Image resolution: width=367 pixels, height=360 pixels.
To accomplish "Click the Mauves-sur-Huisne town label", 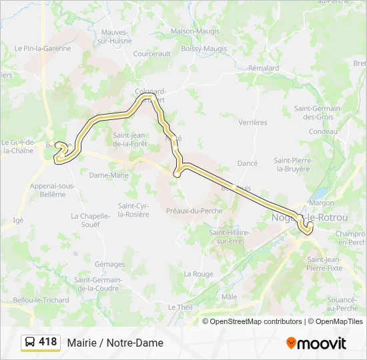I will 115,36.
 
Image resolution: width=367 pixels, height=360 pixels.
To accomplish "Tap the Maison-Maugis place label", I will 194,31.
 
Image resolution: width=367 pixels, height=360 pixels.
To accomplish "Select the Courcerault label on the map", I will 152,54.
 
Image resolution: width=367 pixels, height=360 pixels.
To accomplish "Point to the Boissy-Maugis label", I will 204,48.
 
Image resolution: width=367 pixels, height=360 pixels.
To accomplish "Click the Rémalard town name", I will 264,68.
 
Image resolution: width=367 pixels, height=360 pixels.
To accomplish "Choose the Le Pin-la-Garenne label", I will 43,48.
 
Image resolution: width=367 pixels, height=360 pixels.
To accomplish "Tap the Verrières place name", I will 253,122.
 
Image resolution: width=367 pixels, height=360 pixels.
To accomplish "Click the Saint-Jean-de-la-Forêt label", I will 130,139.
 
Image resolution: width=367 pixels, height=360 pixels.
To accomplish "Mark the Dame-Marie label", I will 109,175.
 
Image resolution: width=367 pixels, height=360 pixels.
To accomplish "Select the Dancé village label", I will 248,163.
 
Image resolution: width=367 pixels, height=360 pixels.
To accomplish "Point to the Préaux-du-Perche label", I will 194,211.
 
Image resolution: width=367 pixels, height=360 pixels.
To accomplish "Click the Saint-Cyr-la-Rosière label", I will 133,210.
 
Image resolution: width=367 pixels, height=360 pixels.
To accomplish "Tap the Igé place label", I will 18,219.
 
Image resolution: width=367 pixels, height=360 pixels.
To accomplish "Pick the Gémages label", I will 109,264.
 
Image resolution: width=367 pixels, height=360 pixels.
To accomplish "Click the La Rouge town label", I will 199,274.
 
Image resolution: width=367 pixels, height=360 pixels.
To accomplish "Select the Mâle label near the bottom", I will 230,296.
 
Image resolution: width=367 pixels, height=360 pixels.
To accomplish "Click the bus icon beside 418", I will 29,343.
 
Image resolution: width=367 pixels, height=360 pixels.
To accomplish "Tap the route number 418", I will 48,342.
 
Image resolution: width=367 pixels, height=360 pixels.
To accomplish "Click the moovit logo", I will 316,343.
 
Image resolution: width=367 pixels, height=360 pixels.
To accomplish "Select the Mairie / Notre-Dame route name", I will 115,343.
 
